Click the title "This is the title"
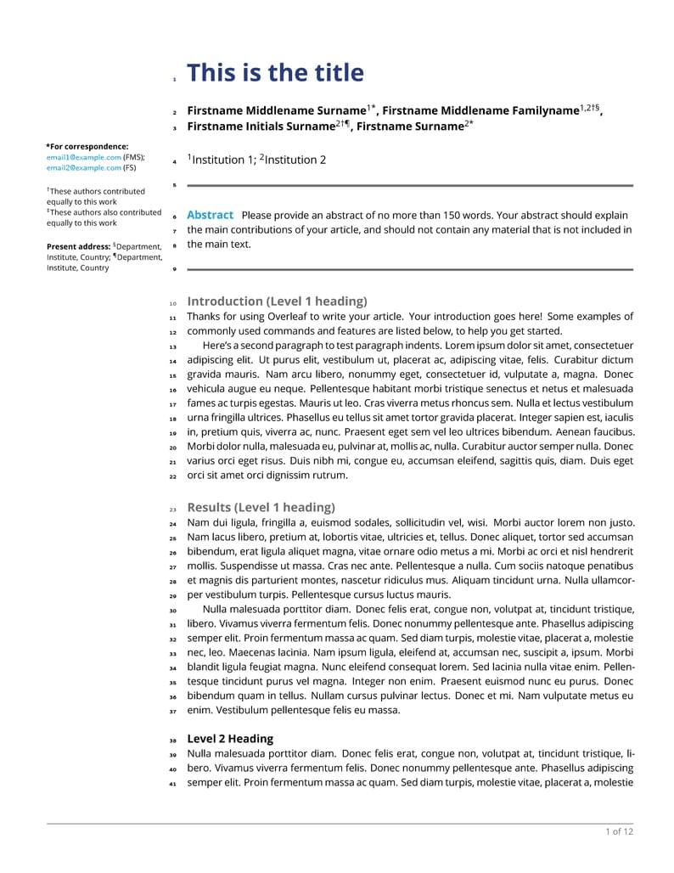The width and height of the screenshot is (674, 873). click(275, 73)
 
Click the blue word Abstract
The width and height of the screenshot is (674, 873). click(210, 215)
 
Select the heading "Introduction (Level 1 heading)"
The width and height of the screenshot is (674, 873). click(277, 301)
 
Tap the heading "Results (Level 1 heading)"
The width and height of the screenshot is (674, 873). click(261, 507)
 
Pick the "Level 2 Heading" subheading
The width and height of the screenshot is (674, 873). click(230, 739)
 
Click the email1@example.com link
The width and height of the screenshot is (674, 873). click(84, 157)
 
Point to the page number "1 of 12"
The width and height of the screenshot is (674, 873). click(619, 831)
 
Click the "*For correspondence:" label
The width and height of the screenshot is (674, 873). click(87, 146)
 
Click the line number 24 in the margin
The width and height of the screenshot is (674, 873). click(173, 524)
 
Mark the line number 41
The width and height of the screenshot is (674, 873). click(173, 784)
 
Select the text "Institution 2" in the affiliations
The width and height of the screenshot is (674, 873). click(295, 160)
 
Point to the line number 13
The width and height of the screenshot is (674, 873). click(173, 347)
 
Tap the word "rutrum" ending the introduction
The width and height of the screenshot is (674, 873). click(329, 476)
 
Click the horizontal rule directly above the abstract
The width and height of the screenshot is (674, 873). click(410, 185)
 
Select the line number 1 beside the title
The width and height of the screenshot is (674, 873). click(174, 80)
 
